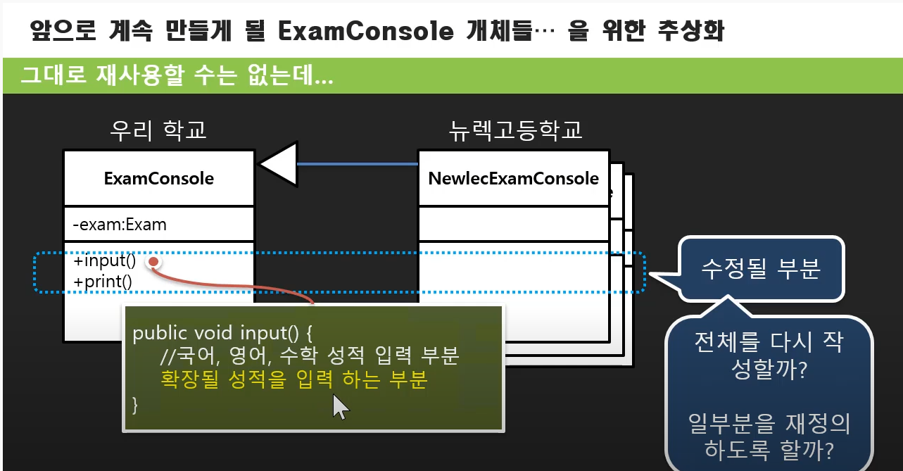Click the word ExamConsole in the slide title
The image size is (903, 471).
(x=365, y=30)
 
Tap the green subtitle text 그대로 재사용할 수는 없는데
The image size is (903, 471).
(x=177, y=76)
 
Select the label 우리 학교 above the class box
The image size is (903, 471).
(x=158, y=130)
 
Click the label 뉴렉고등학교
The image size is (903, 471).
(x=516, y=130)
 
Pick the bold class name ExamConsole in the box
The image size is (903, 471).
(x=158, y=179)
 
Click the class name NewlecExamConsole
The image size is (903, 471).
(x=513, y=179)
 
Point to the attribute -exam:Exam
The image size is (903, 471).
(x=120, y=225)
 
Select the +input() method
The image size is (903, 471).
(x=105, y=261)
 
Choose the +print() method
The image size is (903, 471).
(x=103, y=282)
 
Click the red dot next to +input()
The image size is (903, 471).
(x=153, y=262)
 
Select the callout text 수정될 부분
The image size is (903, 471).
(x=761, y=269)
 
